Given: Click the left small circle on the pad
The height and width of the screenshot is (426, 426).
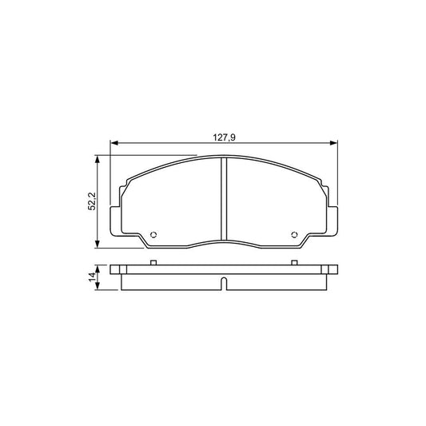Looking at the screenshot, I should coord(153,235).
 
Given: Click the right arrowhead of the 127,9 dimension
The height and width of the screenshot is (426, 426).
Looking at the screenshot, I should coord(335,144).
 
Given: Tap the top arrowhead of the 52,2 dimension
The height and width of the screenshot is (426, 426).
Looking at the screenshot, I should coord(98,159).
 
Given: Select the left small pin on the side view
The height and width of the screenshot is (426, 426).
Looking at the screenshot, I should coord(153,261).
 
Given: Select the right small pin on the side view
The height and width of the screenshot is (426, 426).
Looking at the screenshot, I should coord(295,261).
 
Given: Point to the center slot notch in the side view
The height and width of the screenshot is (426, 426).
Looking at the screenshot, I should coord(224,283).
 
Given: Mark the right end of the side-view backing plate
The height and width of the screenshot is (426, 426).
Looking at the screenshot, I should coord(336,269).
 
